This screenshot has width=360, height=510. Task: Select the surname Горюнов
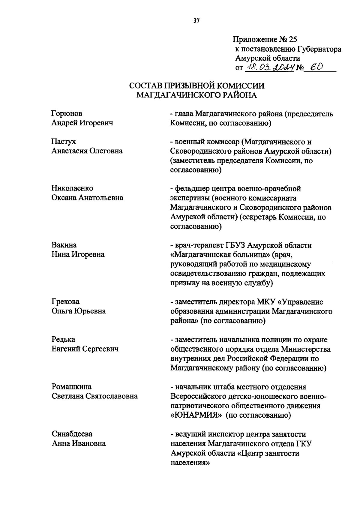point(67,113)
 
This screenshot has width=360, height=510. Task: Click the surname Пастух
point(64,142)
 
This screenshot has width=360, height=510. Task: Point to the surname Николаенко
point(72,188)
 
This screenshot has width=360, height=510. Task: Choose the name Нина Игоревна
point(78,254)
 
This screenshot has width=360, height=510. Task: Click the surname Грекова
point(65,301)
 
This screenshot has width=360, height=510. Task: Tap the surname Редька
point(63,339)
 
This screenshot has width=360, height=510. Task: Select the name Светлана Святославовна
point(94,396)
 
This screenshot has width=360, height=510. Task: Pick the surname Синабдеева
point(72,434)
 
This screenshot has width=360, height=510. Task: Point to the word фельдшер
point(190,189)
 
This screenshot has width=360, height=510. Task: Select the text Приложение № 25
point(265,39)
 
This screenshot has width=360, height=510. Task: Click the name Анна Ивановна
point(79,443)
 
